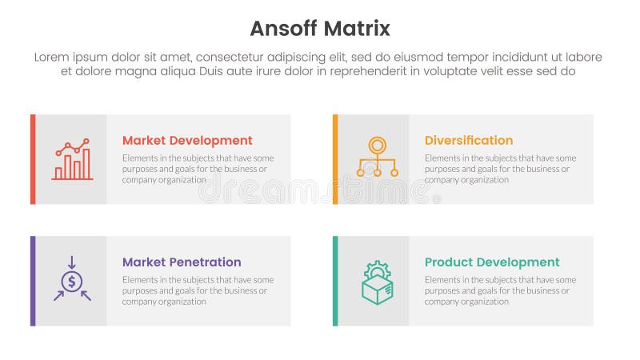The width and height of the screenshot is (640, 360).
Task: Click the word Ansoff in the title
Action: tap(283, 29)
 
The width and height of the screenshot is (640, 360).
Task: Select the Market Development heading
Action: tap(187, 141)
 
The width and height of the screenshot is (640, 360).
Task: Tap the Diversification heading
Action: tap(469, 141)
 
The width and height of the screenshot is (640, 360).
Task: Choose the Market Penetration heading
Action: tap(182, 262)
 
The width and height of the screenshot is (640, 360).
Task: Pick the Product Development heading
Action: tap(492, 262)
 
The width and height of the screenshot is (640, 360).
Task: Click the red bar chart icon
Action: tap(72, 159)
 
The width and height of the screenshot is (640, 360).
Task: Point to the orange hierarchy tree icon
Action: tap(377, 158)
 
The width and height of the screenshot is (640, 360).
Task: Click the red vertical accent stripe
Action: tap(33, 159)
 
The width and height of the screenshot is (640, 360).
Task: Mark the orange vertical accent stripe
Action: tap(335, 159)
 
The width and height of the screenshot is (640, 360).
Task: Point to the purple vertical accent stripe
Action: tap(33, 281)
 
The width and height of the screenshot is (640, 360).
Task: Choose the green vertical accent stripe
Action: tap(335, 281)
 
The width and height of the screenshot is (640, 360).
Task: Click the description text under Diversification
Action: tap(500, 169)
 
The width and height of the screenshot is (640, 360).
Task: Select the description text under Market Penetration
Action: tap(198, 290)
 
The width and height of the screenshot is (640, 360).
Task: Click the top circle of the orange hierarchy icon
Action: tap(377, 145)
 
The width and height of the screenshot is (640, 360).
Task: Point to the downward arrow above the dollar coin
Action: tap(72, 262)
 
